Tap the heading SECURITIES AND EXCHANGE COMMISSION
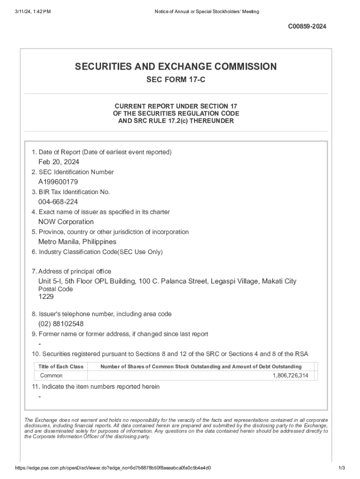[x=176, y=66]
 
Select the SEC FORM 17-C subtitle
[x=176, y=80]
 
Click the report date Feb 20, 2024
[x=58, y=162]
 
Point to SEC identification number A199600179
[x=58, y=182]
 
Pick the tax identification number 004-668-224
[x=58, y=202]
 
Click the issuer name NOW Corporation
[x=66, y=222]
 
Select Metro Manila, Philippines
[x=77, y=242]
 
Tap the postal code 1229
[x=46, y=297]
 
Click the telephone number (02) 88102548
[x=61, y=324]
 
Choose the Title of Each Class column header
[x=61, y=366]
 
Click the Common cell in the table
[x=51, y=376]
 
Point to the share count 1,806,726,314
[x=290, y=376]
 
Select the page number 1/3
[x=342, y=468]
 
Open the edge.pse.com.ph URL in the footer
[x=113, y=468]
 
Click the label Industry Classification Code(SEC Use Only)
[x=100, y=252]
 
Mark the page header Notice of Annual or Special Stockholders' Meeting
[x=207, y=11]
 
